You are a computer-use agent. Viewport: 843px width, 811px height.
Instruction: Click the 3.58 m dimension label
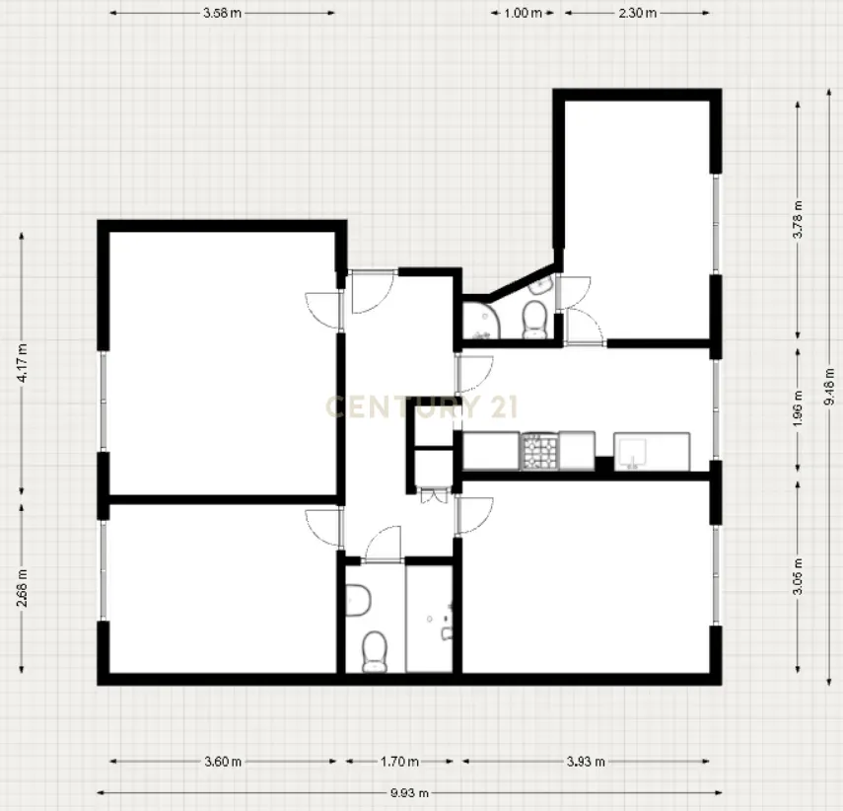[x=223, y=14]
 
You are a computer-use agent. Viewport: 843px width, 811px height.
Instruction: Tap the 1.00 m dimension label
[x=523, y=14]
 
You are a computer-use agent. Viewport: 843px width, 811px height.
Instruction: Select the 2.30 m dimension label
[x=638, y=14]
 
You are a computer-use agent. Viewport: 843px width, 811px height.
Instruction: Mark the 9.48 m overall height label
[x=829, y=386]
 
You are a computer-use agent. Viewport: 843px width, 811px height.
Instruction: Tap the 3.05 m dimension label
[x=798, y=575]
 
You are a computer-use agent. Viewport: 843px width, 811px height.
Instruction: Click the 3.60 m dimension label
[x=223, y=762]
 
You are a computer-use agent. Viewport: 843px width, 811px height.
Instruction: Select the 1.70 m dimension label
[x=399, y=762]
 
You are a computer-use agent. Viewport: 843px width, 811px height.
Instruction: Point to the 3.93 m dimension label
[x=586, y=762]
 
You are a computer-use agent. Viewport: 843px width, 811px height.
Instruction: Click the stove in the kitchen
[x=540, y=451]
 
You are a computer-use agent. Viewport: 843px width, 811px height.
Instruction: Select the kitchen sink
[x=632, y=452]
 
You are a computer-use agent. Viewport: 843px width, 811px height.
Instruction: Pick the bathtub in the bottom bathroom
[x=430, y=619]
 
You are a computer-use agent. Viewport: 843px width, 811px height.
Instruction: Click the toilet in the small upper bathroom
[x=533, y=317]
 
